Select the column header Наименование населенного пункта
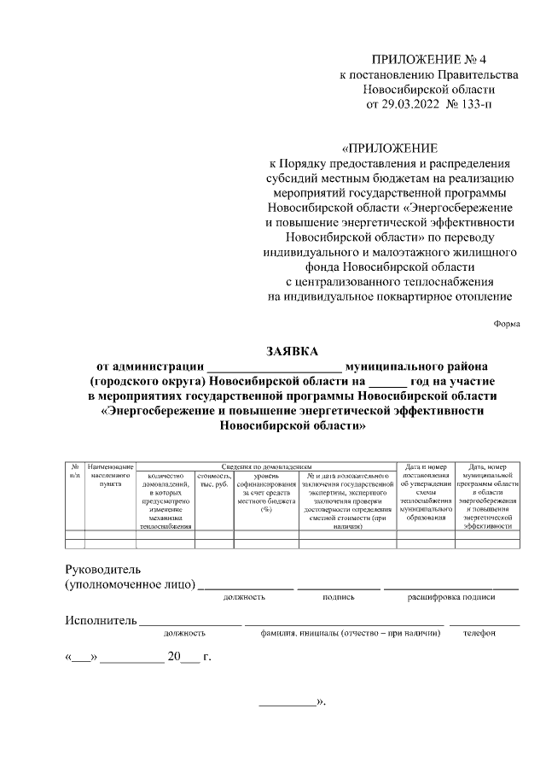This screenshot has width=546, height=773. (x=111, y=475)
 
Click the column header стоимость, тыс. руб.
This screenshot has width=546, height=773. (x=214, y=479)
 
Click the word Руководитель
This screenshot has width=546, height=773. (x=103, y=570)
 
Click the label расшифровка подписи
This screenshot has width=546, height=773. (x=451, y=598)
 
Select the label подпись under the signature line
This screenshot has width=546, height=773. (x=339, y=598)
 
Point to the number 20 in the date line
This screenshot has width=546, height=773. (x=175, y=658)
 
